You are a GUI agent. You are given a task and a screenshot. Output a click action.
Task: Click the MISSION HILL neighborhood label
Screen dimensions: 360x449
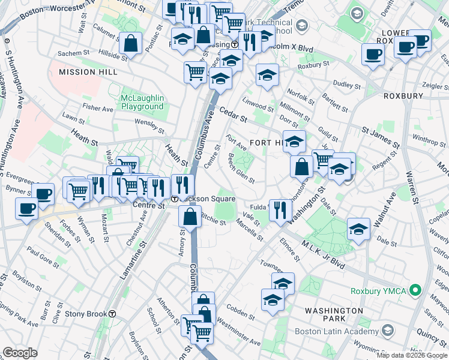[x=85, y=72]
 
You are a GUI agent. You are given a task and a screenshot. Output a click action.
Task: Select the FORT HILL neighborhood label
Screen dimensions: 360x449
[x=264, y=142]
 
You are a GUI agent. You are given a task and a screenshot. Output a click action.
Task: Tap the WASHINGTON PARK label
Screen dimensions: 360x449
[x=333, y=311]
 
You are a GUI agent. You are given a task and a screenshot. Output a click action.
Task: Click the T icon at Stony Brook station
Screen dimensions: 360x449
[x=112, y=314]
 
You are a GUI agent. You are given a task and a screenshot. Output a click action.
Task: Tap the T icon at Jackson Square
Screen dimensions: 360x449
[x=175, y=199]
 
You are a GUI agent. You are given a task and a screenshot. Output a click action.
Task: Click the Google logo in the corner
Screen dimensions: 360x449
[x=20, y=352]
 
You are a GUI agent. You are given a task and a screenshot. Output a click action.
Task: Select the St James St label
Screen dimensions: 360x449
[x=381, y=137]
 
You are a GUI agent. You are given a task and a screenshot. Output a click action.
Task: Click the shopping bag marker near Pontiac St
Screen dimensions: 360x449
[x=130, y=43]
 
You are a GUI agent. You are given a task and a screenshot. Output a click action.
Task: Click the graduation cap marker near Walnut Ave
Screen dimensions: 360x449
[x=358, y=229]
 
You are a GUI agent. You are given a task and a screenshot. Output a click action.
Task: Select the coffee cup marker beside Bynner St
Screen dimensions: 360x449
[x=43, y=194]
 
